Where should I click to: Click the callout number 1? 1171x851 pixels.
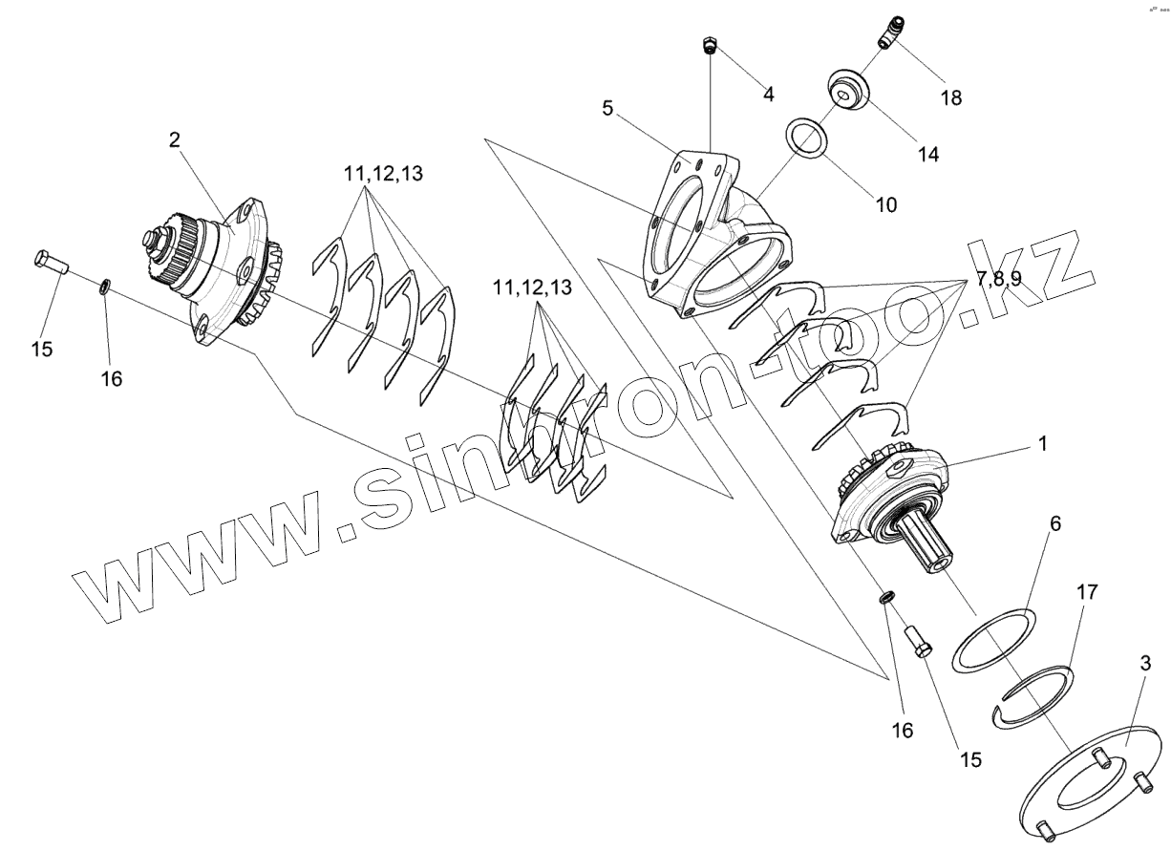pyautogui.click(x=1043, y=444)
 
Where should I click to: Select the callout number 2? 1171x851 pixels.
pyautogui.click(x=174, y=140)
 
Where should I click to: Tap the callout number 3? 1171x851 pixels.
pyautogui.click(x=1145, y=663)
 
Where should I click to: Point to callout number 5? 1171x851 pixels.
pyautogui.click(x=607, y=108)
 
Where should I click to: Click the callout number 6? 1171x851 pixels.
pyautogui.click(x=1054, y=524)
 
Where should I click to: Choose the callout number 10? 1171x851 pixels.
pyautogui.click(x=887, y=203)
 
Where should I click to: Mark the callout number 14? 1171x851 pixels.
pyautogui.click(x=927, y=153)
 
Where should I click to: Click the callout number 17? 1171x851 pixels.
pyautogui.click(x=1086, y=592)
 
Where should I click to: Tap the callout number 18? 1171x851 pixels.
pyautogui.click(x=950, y=97)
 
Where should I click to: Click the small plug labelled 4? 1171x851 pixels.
pyautogui.click(x=710, y=44)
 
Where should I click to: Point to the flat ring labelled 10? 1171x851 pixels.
pyautogui.click(x=808, y=139)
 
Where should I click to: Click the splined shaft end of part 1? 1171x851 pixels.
pyautogui.click(x=932, y=546)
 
